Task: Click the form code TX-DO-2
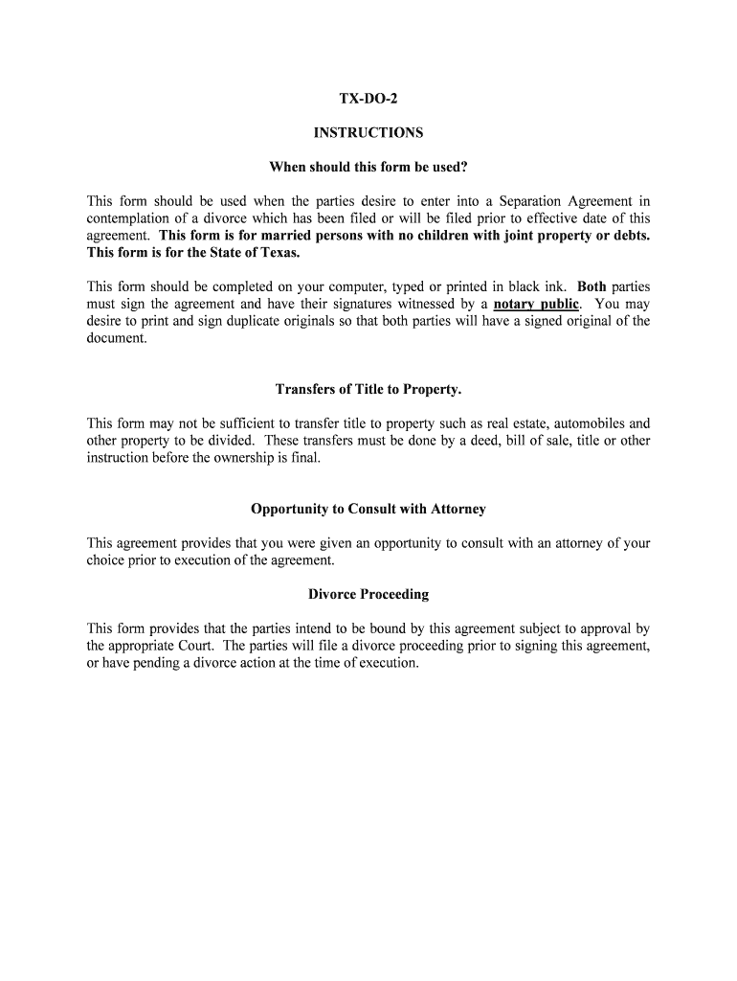pyautogui.click(x=368, y=100)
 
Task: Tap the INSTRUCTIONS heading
pyautogui.click(x=368, y=133)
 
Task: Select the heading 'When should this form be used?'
pyautogui.click(x=368, y=168)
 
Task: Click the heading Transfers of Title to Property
pyautogui.click(x=368, y=389)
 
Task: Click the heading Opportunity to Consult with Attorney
pyautogui.click(x=368, y=509)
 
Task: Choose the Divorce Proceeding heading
pyautogui.click(x=368, y=594)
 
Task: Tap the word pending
pyautogui.click(x=161, y=663)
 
